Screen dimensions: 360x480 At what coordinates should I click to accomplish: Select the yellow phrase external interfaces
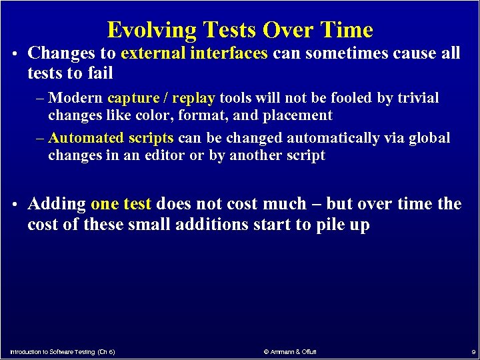coord(195,53)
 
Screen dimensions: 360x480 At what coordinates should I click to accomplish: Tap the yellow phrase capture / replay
coord(161,99)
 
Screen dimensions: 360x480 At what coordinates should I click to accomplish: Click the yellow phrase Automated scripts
coord(111,138)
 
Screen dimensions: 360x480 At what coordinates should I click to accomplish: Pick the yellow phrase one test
coord(121,204)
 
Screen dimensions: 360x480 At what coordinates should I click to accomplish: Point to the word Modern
coord(75,99)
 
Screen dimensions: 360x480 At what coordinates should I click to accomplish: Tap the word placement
coord(301,115)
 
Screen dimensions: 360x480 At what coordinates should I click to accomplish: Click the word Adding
coord(57,204)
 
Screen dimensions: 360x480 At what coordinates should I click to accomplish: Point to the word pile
coord(331,225)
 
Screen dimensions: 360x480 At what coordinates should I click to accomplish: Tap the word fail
coord(101,73)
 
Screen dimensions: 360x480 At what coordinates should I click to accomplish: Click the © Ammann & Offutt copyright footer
coord(290,351)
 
